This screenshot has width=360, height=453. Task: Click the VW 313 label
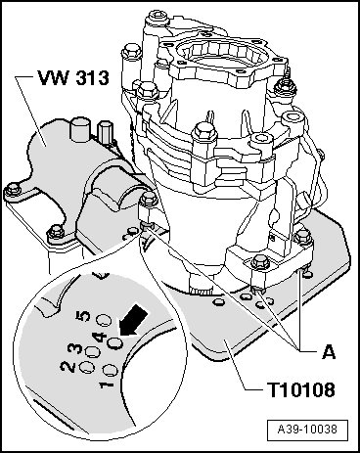[x=73, y=78]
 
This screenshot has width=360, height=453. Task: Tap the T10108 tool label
[x=300, y=389]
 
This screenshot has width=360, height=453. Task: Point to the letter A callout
[x=329, y=352]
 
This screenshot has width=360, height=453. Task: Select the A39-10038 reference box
[x=307, y=430]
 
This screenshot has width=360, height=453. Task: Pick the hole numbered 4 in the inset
[x=114, y=342]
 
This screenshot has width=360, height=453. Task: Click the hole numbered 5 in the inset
[x=105, y=320]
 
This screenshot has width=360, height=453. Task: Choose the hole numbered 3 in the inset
[x=92, y=352]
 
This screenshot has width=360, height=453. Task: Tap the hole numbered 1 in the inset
[x=110, y=370]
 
